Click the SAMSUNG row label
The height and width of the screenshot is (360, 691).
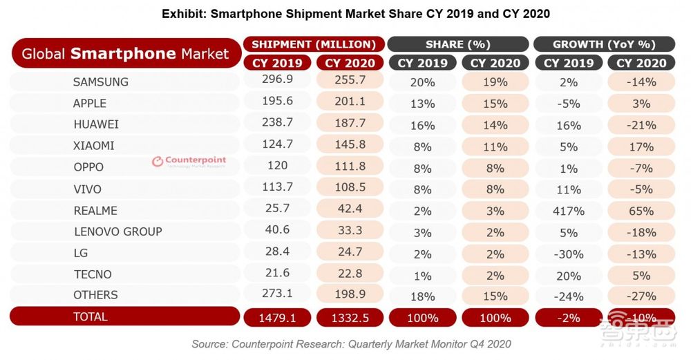coord(100,82)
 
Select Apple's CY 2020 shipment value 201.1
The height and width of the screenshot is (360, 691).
coord(350,103)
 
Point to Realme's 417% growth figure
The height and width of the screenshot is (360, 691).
coord(568,210)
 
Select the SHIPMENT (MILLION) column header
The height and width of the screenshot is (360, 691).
coord(313,44)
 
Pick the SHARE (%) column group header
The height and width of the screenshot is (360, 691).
coord(458,44)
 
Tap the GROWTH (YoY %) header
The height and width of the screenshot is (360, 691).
coord(605,44)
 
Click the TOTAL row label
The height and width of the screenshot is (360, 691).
coord(90,316)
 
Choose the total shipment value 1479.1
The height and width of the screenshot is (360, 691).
coord(277,318)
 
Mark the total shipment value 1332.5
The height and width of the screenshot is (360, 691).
coord(350,318)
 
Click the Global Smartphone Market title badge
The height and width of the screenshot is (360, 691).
coord(125,53)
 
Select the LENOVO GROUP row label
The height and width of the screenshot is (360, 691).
coord(117,231)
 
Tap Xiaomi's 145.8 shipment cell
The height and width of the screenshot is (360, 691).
coord(350,146)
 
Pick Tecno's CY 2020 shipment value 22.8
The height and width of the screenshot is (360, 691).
coord(350,274)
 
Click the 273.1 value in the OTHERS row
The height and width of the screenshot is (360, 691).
coord(277,295)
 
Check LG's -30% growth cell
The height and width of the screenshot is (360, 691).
coord(568,253)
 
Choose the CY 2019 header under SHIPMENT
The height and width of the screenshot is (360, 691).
coord(277,63)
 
